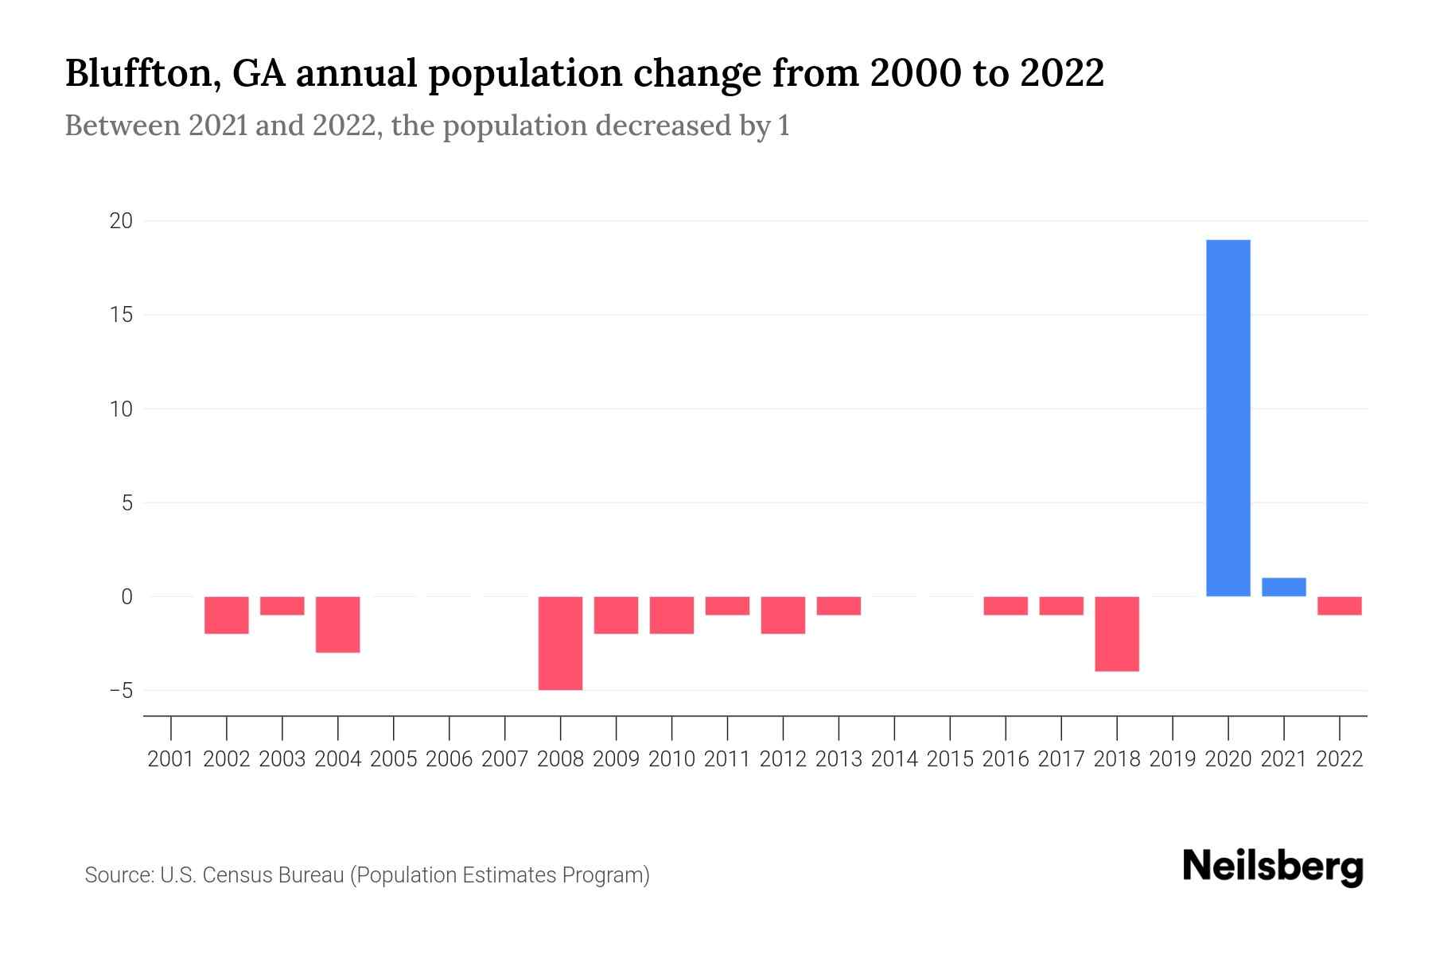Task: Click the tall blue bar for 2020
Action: point(1228,418)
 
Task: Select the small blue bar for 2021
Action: point(1283,587)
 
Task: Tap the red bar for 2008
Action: point(560,643)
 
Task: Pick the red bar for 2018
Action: point(1116,634)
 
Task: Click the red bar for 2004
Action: point(338,624)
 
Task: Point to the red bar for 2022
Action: point(1339,606)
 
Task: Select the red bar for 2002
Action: point(227,615)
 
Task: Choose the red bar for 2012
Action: point(783,615)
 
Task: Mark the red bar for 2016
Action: point(1006,606)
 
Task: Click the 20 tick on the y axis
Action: point(121,221)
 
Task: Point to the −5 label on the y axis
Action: point(121,691)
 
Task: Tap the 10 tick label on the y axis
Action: point(121,409)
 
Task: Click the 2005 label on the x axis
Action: point(394,759)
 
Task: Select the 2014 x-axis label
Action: point(894,759)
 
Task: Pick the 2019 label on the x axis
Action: point(1173,759)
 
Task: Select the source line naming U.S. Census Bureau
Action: point(367,875)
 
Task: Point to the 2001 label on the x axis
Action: point(171,759)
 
